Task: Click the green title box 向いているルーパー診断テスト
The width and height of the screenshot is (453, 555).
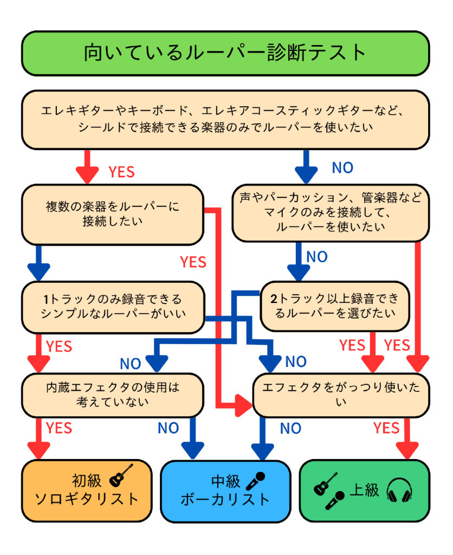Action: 225,53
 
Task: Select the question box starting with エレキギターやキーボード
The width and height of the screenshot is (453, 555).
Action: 225,119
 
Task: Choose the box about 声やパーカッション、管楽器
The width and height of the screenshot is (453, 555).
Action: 331,212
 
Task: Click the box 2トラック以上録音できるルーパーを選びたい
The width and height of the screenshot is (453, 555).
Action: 334,306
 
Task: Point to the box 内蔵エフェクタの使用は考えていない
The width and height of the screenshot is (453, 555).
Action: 113,394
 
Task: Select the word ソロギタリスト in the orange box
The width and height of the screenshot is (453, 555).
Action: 87,499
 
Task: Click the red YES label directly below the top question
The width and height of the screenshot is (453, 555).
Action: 121,172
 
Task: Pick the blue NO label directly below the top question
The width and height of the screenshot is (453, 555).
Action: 342,168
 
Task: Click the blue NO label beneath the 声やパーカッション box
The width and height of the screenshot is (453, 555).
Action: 317,256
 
